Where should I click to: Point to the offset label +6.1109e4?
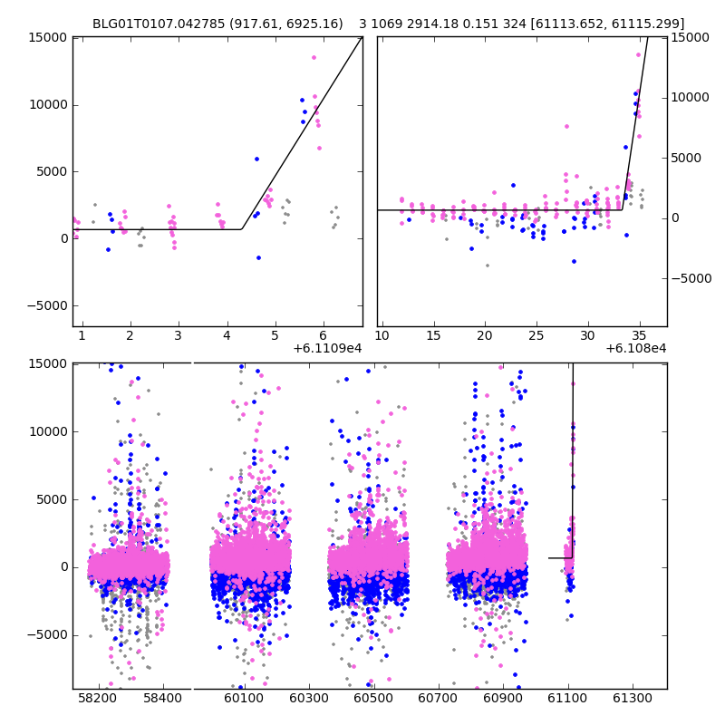point(328,348)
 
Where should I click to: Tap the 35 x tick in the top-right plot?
point(640,336)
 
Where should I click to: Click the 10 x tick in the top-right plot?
point(382,336)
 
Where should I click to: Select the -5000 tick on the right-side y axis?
point(691,278)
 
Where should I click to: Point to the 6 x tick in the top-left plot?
point(324,336)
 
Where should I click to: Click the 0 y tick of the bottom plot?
point(63,567)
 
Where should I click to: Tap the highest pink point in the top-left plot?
point(314,57)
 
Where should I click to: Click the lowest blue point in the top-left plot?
point(258,257)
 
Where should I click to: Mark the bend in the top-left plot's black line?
point(242,229)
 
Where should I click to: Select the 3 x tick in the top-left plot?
point(179,336)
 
